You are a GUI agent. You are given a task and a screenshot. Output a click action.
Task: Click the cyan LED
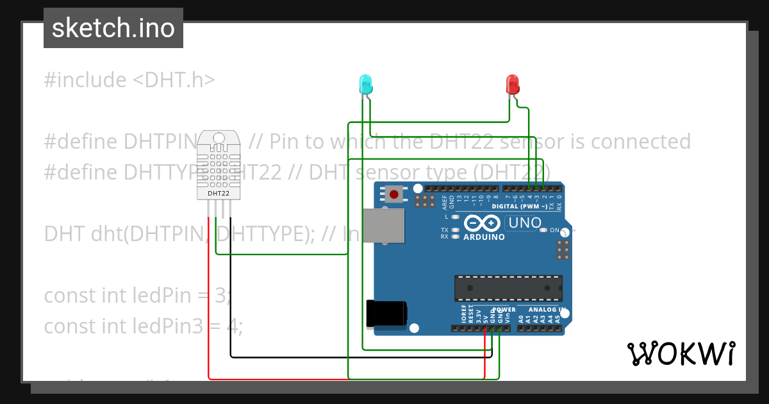click(x=365, y=84)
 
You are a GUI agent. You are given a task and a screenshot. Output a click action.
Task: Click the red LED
click(x=512, y=84)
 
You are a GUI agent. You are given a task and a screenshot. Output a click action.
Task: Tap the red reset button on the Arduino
click(x=393, y=194)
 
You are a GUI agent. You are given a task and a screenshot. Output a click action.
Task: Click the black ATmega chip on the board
click(x=508, y=288)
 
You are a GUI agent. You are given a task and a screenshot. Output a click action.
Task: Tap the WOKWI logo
click(x=681, y=353)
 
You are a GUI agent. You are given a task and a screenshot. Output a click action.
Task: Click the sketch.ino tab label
click(x=113, y=28)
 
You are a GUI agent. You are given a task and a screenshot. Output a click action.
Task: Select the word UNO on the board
click(x=524, y=223)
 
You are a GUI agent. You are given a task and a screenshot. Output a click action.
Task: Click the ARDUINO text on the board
click(x=484, y=237)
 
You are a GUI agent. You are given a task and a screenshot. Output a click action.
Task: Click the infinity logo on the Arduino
click(x=483, y=223)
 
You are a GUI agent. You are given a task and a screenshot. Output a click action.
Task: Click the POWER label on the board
click(x=504, y=310)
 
